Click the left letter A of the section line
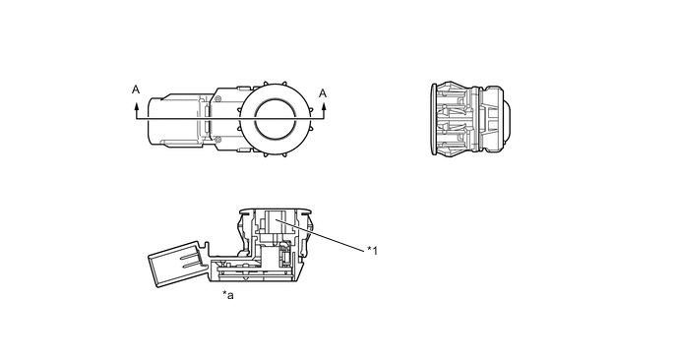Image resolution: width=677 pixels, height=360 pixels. point(136,90)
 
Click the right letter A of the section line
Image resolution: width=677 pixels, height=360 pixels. point(323,93)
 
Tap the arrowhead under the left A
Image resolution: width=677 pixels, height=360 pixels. point(136,105)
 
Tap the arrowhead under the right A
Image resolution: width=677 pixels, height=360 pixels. point(323,105)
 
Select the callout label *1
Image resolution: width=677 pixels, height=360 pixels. point(372,251)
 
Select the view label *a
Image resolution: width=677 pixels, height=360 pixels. point(228,295)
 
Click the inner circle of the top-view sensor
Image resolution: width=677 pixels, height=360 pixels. point(276,118)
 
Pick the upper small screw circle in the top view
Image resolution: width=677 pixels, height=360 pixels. point(218,98)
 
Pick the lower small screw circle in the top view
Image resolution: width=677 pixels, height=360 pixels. point(218,139)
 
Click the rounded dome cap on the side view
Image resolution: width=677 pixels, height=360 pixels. point(508,119)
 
